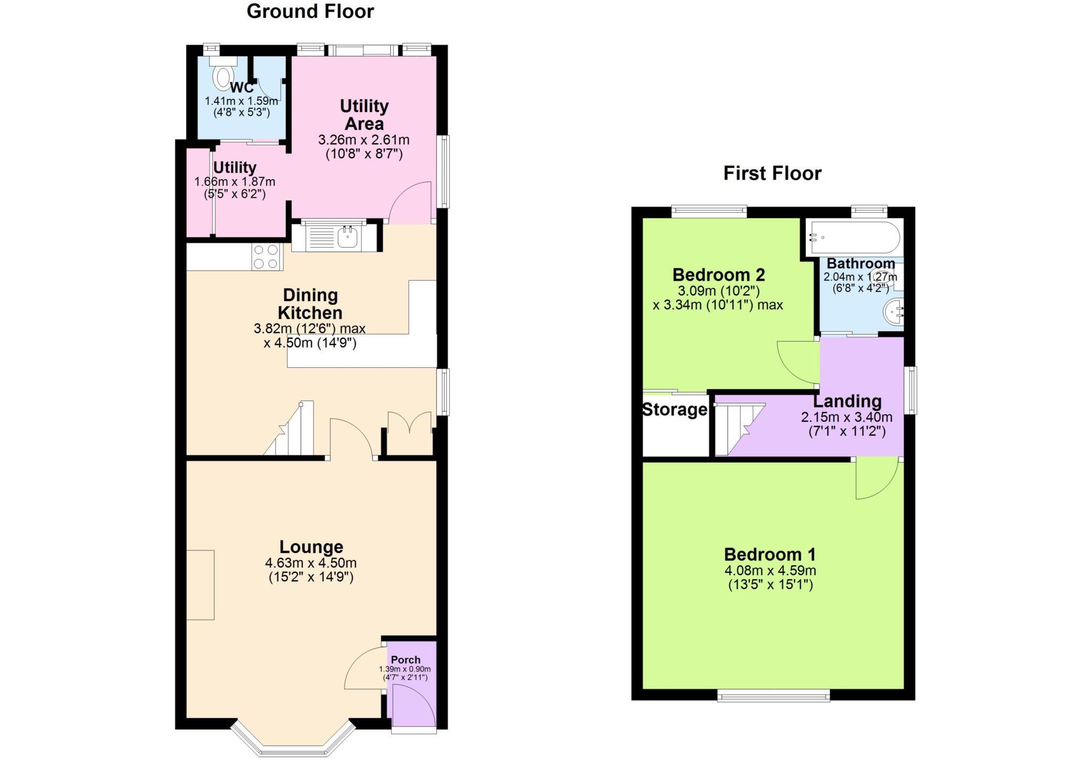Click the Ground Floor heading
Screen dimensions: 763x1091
point(310,11)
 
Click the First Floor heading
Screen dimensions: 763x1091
point(772,173)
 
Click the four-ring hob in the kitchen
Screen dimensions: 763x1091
point(266,256)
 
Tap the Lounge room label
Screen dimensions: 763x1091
point(311,547)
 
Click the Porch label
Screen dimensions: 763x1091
point(405,660)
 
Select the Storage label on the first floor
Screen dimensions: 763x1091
point(674,410)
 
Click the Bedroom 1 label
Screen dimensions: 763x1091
point(770,554)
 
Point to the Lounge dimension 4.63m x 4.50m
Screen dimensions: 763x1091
point(311,563)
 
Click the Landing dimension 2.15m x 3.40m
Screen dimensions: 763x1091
point(846,417)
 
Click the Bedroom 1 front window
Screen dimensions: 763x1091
point(773,695)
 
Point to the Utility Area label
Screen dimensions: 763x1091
point(364,115)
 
